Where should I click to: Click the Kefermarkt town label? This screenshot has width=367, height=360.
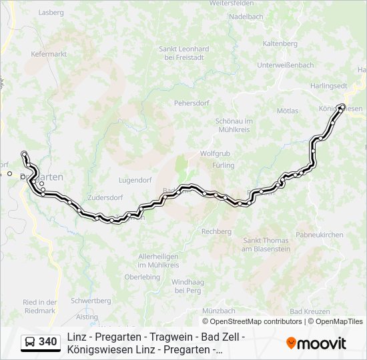click(x=49, y=54)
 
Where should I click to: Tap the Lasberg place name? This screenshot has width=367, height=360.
click(x=51, y=12)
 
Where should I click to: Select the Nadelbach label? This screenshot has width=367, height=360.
click(x=246, y=17)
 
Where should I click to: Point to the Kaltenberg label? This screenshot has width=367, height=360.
click(x=280, y=43)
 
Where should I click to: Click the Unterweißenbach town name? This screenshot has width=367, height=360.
click(x=285, y=65)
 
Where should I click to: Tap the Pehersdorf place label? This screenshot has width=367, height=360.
click(x=192, y=103)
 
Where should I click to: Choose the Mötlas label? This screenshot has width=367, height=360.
click(x=288, y=110)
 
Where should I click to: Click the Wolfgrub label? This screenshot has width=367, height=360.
click(x=214, y=153)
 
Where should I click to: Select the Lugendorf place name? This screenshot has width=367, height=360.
click(x=135, y=180)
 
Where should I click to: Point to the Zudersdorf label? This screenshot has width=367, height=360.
click(x=106, y=198)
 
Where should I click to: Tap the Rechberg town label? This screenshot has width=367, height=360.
click(x=217, y=231)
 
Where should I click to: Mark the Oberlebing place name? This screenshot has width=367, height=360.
click(x=142, y=277)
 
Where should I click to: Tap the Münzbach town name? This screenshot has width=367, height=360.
click(x=219, y=311)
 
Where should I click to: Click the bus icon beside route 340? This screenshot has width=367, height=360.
click(x=30, y=342)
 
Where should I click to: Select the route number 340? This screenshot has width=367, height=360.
click(x=47, y=342)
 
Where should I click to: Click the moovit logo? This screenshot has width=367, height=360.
click(x=316, y=343)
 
